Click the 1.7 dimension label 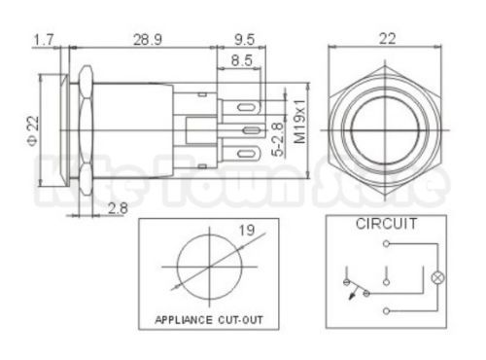(x=44, y=40)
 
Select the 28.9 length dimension (x=148, y=40)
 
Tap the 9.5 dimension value (x=245, y=40)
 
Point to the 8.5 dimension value (x=241, y=60)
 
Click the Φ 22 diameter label (x=33, y=131)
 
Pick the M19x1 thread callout (x=300, y=122)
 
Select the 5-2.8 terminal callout (x=278, y=139)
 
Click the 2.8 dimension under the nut (x=118, y=208)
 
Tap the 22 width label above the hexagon (x=387, y=39)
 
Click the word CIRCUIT (x=386, y=224)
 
